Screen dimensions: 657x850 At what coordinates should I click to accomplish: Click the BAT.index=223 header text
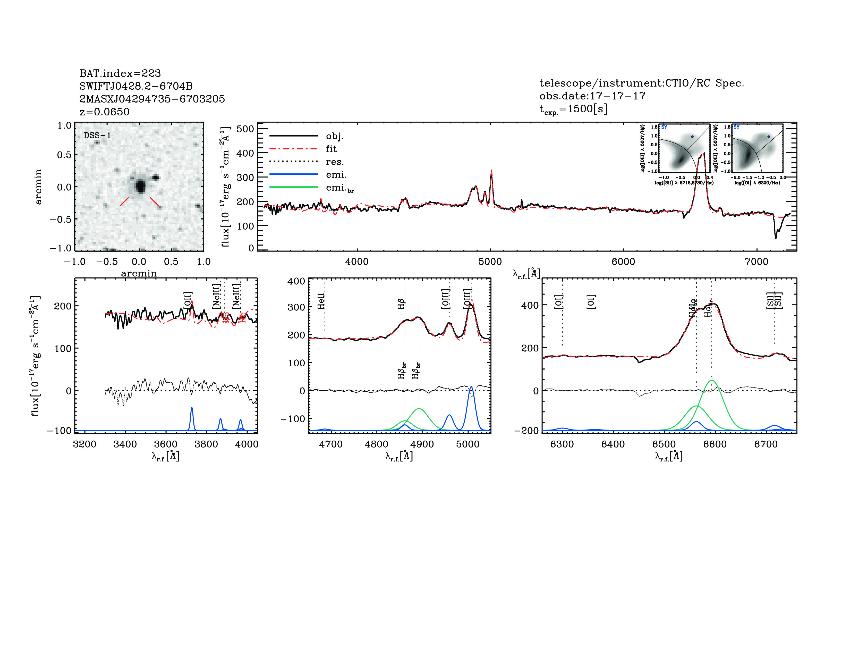[x=120, y=73]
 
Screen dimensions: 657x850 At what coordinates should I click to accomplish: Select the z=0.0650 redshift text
[x=104, y=112]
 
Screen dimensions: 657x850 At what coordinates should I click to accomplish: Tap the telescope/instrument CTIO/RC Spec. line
[x=641, y=83]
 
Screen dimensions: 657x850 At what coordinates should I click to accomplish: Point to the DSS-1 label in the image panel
[x=97, y=136]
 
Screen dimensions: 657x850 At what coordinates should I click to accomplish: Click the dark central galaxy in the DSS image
[x=140, y=187]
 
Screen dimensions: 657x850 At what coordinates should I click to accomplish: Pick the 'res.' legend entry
[x=335, y=162]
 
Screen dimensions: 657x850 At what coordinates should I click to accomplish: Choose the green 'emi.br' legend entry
[x=340, y=188]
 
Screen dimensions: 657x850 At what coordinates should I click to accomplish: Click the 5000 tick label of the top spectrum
[x=490, y=262]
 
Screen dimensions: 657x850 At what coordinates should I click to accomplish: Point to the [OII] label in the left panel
[x=188, y=300]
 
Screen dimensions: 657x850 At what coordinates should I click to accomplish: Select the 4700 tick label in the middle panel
[x=331, y=444]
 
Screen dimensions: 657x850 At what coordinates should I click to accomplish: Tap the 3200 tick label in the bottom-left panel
[x=84, y=444]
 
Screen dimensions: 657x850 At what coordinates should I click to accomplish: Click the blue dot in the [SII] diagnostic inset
[x=692, y=137]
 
